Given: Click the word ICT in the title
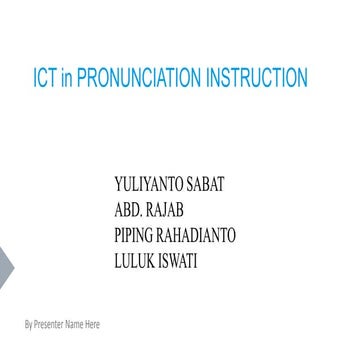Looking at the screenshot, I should point(46,76).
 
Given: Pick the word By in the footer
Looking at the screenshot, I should point(27,326).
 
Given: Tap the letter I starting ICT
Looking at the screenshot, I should point(37,76).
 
